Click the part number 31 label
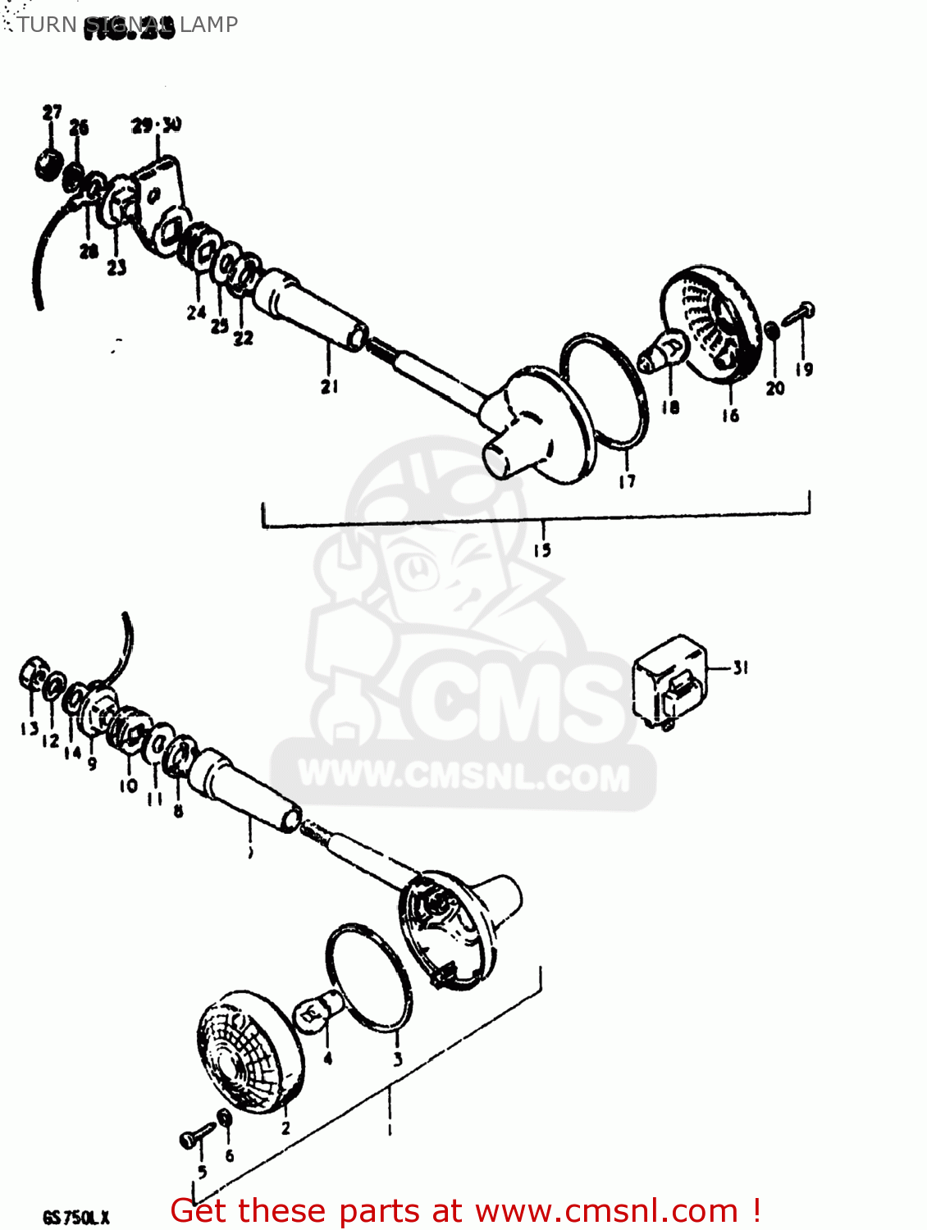(741, 668)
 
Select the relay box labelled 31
(669, 681)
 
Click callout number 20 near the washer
(775, 388)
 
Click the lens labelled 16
(713, 325)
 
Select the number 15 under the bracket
(542, 549)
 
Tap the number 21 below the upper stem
(329, 385)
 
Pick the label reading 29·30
(156, 125)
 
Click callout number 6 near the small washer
(229, 1155)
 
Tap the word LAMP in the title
(209, 25)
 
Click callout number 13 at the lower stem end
(30, 728)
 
